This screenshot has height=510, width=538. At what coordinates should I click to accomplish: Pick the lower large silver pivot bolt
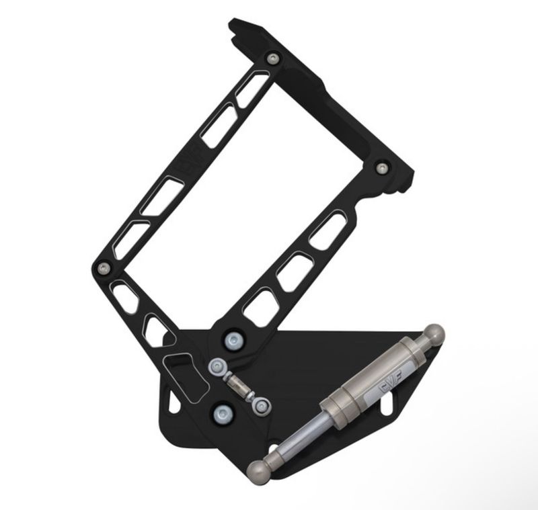[x=221, y=413]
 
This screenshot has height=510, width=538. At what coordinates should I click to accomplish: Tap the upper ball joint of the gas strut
[x=434, y=334]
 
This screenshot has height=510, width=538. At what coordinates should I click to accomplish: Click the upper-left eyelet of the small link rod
[x=217, y=367]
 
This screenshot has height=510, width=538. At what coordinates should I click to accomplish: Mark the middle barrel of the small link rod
[x=239, y=385]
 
